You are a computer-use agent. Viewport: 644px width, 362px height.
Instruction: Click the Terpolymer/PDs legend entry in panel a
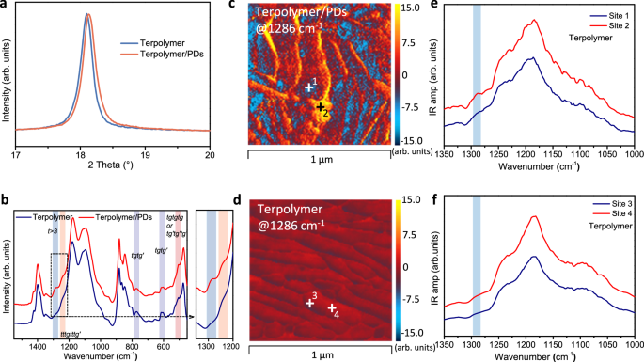(171, 53)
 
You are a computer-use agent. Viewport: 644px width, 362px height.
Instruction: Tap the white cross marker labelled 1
(308, 87)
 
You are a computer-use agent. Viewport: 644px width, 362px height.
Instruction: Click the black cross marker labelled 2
(322, 107)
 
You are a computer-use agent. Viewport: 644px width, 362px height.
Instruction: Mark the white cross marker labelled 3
(309, 304)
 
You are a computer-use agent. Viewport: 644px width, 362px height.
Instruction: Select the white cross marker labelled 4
(332, 307)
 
